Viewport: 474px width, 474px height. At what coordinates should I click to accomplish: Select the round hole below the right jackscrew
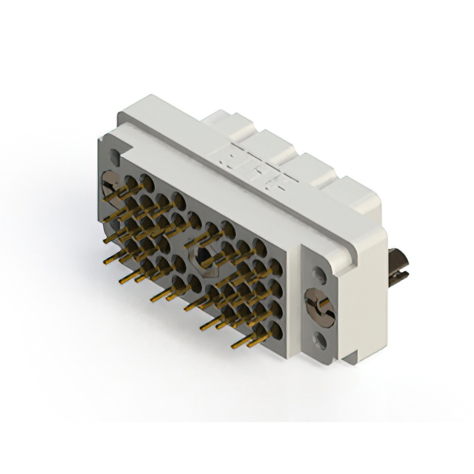click(320, 340)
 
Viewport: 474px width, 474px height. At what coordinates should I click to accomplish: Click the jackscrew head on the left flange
click(111, 181)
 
